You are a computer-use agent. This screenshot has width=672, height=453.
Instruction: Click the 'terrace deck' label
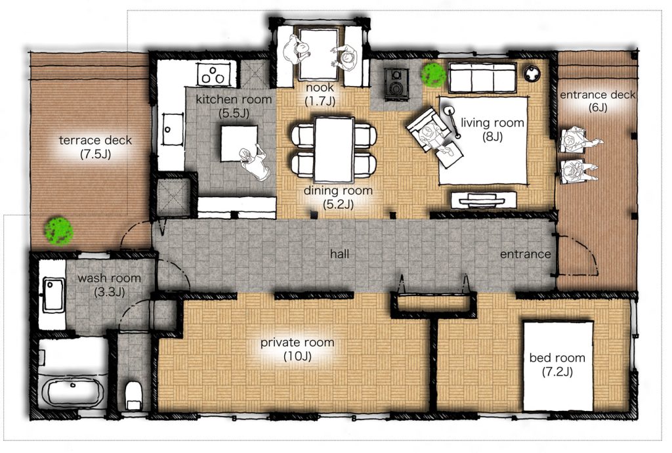click(95, 140)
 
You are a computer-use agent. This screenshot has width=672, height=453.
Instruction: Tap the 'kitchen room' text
click(234, 99)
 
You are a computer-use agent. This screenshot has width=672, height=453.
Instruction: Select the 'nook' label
click(320, 87)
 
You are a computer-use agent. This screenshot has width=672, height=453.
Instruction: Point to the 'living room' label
click(492, 123)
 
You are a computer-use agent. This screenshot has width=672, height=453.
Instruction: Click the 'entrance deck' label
click(597, 95)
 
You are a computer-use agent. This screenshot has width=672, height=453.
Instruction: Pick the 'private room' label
click(297, 343)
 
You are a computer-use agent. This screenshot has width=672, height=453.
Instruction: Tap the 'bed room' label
click(557, 358)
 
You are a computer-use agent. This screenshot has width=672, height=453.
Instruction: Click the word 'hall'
click(339, 254)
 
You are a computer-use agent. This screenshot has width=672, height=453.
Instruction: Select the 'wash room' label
click(110, 278)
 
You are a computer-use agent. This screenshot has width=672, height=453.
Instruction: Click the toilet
click(133, 395)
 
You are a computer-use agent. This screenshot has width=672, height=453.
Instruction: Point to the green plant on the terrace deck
click(58, 231)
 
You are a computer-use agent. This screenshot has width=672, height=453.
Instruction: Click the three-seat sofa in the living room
click(482, 77)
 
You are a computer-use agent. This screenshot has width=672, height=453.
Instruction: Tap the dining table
click(334, 149)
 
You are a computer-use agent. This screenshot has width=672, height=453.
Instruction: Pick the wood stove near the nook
click(395, 84)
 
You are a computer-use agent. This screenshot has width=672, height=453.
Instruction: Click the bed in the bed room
click(558, 366)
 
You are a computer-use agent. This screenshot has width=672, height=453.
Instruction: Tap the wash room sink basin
click(54, 294)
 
